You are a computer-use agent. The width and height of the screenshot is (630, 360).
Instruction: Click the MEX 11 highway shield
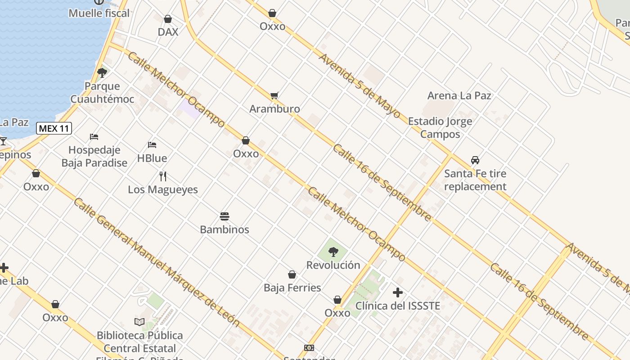(x=54, y=128)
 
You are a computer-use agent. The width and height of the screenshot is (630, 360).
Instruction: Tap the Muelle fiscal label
(x=99, y=13)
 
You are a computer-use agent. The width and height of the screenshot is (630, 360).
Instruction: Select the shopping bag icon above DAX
(x=168, y=19)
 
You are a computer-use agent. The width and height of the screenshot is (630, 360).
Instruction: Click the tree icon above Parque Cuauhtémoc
(x=102, y=72)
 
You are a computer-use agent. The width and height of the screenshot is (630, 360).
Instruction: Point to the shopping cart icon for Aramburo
(x=274, y=95)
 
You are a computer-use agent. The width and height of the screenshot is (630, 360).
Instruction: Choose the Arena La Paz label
(x=459, y=95)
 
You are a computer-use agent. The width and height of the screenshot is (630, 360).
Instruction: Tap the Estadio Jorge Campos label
(x=440, y=128)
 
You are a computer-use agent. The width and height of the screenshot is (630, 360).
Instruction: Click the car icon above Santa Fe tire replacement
(x=475, y=160)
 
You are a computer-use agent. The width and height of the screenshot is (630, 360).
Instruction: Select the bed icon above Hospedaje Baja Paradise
(x=94, y=137)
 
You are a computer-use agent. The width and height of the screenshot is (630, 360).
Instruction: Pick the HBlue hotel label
(x=152, y=158)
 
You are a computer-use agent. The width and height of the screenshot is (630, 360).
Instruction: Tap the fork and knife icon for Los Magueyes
(x=163, y=176)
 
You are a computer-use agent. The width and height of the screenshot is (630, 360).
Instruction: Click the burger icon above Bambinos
(x=225, y=216)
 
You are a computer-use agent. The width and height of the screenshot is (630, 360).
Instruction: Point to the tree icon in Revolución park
(x=333, y=252)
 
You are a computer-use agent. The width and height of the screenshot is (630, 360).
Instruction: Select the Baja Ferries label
(x=292, y=288)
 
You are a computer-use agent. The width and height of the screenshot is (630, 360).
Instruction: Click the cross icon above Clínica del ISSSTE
(x=398, y=292)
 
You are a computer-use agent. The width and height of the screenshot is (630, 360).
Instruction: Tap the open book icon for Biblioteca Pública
(x=139, y=322)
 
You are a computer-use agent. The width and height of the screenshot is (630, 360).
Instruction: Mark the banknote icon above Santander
(x=309, y=348)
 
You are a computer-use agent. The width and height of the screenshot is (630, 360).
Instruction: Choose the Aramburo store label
(x=274, y=109)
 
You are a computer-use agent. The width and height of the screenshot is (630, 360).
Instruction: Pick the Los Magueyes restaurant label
(x=163, y=189)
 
